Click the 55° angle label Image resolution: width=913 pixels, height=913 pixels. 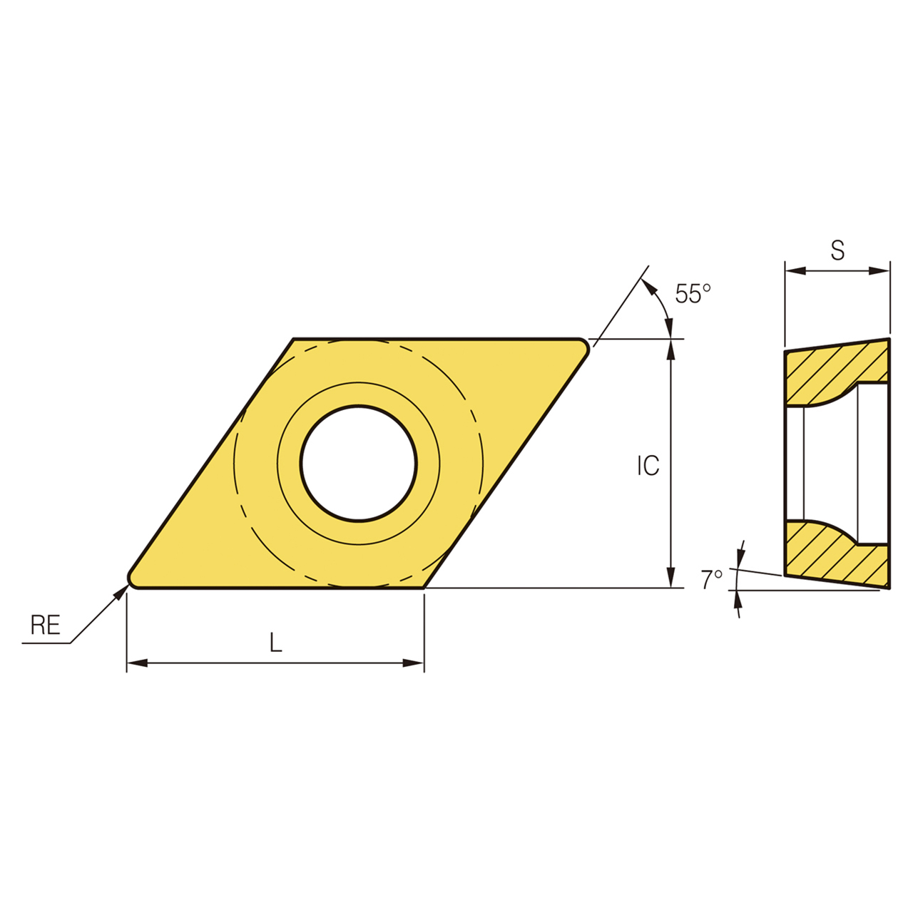coord(693,293)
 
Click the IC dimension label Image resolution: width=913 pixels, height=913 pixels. coord(648,466)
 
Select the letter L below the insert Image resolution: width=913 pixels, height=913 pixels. coord(276,643)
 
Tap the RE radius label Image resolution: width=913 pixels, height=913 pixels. coord(45,626)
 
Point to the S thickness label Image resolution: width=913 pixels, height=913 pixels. coord(837,250)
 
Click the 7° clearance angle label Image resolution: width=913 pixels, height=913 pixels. coord(711,579)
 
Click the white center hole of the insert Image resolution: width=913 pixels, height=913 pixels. coord(358,463)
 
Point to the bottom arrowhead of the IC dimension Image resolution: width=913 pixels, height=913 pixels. coord(670,578)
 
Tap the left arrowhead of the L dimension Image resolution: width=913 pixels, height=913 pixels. coord(136,663)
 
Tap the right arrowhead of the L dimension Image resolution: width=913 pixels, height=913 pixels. coord(414,663)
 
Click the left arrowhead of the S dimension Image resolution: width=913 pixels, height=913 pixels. coord(794,271)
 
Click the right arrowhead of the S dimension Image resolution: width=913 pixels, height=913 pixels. coord(881,271)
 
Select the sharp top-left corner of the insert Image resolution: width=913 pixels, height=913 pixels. coord(294,340)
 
